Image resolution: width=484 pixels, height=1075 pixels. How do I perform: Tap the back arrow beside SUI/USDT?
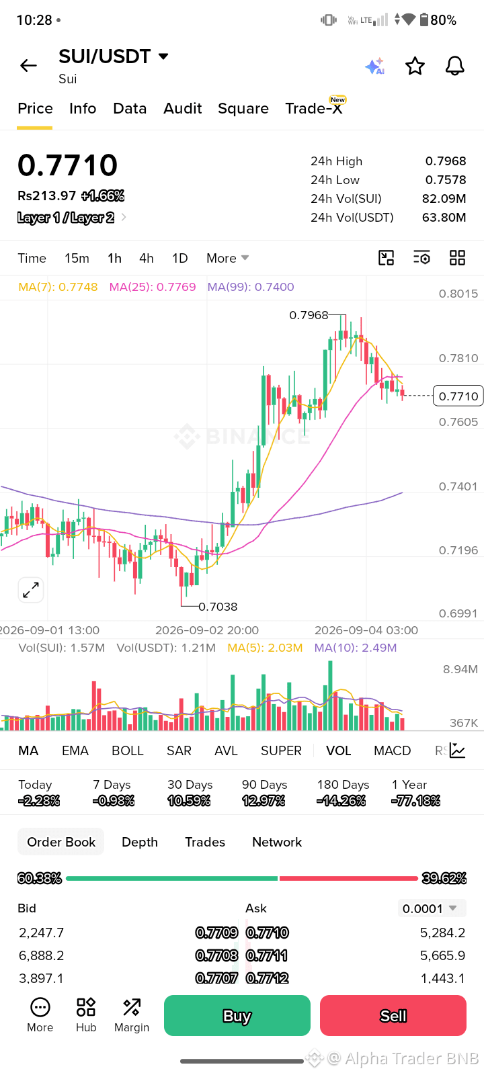pyautogui.click(x=28, y=66)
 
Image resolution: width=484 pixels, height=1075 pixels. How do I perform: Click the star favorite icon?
pyautogui.click(x=415, y=67)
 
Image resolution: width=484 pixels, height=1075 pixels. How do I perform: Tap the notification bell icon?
pyautogui.click(x=454, y=67)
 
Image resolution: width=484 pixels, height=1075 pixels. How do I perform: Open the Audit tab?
pyautogui.click(x=182, y=108)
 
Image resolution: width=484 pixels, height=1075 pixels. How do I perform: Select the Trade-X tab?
pyautogui.click(x=313, y=108)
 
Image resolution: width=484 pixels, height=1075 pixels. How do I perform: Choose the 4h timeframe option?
pyautogui.click(x=147, y=258)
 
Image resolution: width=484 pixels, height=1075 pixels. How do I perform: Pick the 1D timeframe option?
pyautogui.click(x=180, y=258)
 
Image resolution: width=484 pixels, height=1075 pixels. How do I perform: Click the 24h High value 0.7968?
pyautogui.click(x=446, y=161)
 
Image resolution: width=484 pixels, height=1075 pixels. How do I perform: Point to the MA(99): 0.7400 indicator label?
pyautogui.click(x=251, y=287)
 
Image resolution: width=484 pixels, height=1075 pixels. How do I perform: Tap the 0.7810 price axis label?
pyautogui.click(x=458, y=358)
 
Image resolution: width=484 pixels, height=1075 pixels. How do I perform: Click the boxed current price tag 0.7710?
pyautogui.click(x=458, y=396)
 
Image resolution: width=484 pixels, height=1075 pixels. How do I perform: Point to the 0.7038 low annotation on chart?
pyautogui.click(x=218, y=607)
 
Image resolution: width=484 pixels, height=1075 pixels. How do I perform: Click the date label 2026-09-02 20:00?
pyautogui.click(x=207, y=630)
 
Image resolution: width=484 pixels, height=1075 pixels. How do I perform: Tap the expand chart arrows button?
pyautogui.click(x=31, y=590)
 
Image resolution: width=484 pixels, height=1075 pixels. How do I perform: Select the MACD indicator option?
pyautogui.click(x=393, y=750)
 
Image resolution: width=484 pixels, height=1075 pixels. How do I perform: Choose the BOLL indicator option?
pyautogui.click(x=128, y=750)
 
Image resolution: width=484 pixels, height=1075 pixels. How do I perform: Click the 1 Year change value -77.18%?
pyautogui.click(x=416, y=800)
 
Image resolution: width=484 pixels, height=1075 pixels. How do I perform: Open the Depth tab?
pyautogui.click(x=140, y=842)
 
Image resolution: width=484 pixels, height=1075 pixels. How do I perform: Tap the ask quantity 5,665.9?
pyautogui.click(x=443, y=955)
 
